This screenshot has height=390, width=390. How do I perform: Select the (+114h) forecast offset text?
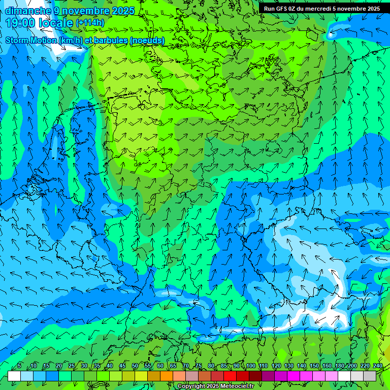coord(90,23)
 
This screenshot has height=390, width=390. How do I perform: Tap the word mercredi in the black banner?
coord(314,9)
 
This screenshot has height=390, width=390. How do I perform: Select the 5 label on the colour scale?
coord(19,366)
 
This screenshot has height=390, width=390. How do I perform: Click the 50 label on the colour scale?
coord(135,366)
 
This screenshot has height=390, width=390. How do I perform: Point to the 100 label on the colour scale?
coord(250,366)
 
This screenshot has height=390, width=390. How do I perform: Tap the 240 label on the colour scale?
coord(377,366)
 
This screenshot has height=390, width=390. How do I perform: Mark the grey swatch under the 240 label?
coord(370,376)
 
